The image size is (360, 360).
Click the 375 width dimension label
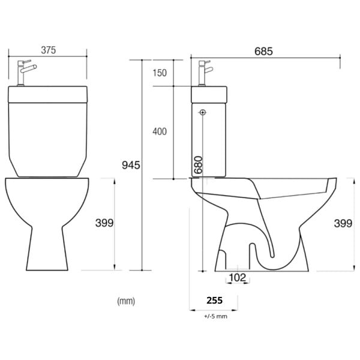[x=49, y=50]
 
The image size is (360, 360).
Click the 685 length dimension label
[x=263, y=51]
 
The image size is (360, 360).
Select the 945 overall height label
[x=131, y=165]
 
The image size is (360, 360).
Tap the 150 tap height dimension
[x=160, y=73]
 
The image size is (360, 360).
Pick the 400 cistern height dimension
[x=160, y=131]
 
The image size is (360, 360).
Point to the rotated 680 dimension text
[x=198, y=165]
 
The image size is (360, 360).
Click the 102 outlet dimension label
[x=238, y=278]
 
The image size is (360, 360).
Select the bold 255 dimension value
[x=214, y=301]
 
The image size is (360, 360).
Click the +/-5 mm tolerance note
[x=215, y=316]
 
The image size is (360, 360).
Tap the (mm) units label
[x=126, y=301]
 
